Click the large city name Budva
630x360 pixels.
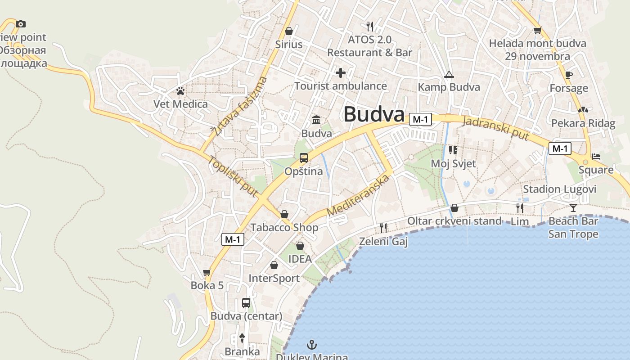tap(374, 114)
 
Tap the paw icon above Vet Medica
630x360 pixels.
tap(180, 91)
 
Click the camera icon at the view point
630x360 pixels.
tap(21, 24)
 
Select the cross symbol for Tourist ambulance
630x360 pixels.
tap(341, 72)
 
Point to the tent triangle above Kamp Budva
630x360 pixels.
tap(449, 74)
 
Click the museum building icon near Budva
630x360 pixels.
tap(316, 120)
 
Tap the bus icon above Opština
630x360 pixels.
tap(304, 158)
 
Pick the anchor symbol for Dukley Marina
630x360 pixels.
tap(311, 345)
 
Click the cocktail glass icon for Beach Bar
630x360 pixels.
tap(573, 207)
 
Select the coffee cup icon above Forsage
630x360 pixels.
tap(569, 75)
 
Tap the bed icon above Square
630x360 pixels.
tap(596, 157)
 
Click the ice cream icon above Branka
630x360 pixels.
tap(242, 338)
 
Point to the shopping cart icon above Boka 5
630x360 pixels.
tap(207, 272)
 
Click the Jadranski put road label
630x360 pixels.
tap(495, 128)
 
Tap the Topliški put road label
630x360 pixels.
tap(232, 176)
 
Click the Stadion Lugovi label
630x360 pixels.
tap(559, 189)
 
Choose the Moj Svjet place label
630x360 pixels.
tap(453, 163)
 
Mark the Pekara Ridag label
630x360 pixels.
tap(583, 123)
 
